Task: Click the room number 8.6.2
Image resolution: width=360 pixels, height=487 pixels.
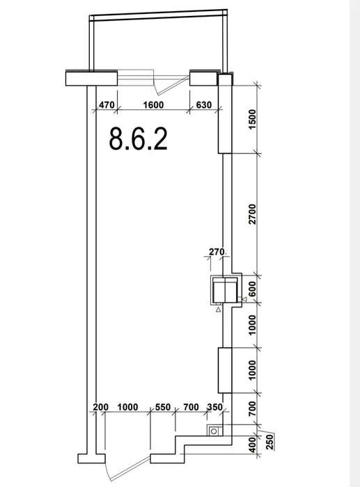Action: (139, 139)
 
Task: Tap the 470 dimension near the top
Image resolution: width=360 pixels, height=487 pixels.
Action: (107, 105)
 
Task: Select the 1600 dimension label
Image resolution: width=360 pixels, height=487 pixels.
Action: (153, 105)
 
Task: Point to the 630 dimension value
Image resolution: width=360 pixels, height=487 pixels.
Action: (203, 105)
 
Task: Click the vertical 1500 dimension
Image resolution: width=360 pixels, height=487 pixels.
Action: (253, 120)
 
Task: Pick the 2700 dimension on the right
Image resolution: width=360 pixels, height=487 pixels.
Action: (253, 214)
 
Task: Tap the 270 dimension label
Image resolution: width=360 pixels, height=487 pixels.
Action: (217, 252)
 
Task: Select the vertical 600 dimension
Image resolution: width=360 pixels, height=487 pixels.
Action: (253, 289)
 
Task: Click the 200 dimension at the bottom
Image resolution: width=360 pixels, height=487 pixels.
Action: (101, 407)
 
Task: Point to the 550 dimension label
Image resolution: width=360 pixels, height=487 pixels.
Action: (163, 407)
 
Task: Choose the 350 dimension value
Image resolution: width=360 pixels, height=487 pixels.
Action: (215, 407)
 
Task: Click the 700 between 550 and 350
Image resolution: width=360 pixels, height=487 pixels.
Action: (191, 407)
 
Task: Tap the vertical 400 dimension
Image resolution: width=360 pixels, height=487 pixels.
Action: (253, 445)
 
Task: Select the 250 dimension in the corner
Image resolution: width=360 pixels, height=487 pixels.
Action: (270, 442)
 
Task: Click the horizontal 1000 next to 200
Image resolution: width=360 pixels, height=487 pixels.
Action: (127, 407)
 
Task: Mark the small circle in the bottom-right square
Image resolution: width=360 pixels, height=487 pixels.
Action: (214, 431)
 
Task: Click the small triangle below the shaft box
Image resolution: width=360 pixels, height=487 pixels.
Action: (218, 310)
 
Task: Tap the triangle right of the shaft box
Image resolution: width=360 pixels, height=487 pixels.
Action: (244, 299)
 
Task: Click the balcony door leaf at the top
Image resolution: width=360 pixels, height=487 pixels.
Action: (174, 86)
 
